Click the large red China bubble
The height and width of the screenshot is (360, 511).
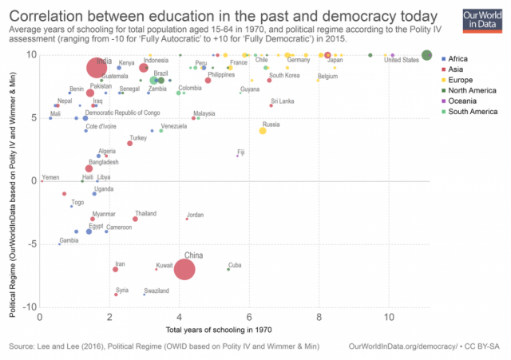[x=184, y=270]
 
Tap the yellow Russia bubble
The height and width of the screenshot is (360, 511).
[x=263, y=130]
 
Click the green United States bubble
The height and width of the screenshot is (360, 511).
[x=427, y=55]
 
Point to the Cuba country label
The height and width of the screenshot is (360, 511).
[x=235, y=265]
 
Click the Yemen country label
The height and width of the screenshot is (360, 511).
[x=50, y=177]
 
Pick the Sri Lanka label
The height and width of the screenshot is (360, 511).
[x=282, y=101]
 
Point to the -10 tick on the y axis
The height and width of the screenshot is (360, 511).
[x=30, y=307]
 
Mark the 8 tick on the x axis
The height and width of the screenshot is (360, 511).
[x=319, y=318]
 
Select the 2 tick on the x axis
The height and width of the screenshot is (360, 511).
[x=109, y=318]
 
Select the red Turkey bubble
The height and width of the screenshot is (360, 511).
[x=130, y=144]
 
